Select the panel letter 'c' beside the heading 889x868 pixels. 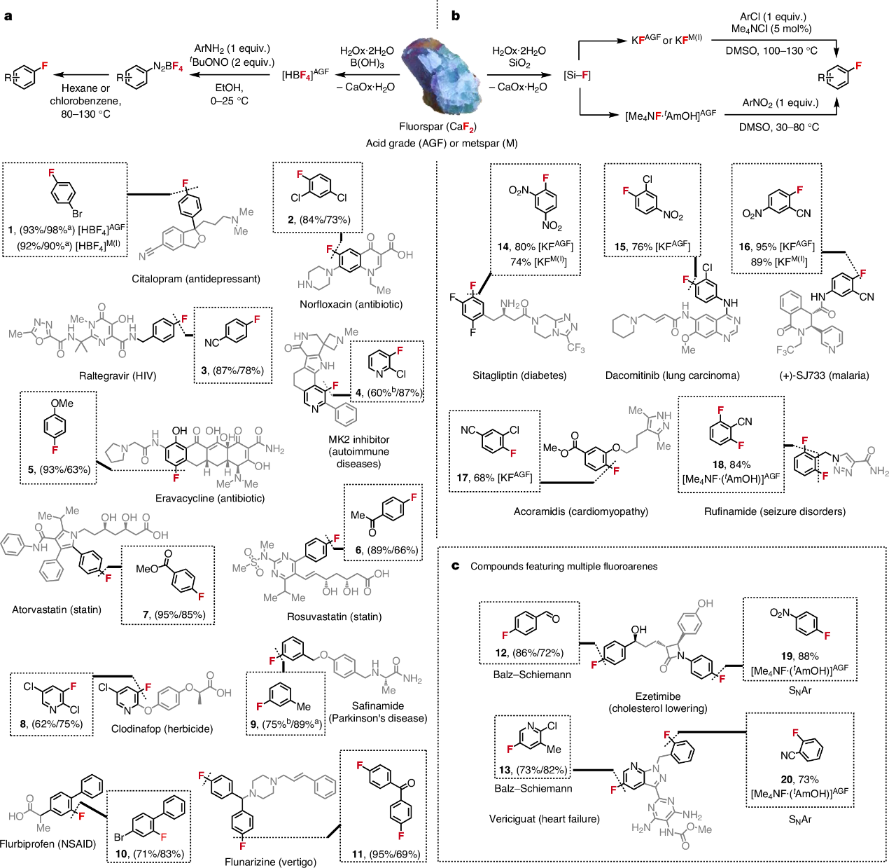click(x=456, y=566)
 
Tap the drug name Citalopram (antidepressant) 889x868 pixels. click(x=196, y=279)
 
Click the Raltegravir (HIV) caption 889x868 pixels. click(x=118, y=376)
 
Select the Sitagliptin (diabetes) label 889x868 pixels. click(x=519, y=376)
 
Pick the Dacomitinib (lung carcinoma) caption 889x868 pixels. click(x=672, y=376)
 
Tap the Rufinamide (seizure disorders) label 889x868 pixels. click(x=774, y=511)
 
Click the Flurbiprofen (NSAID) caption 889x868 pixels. click(x=48, y=843)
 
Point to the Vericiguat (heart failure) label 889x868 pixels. click(x=545, y=819)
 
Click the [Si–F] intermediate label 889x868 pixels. click(x=577, y=75)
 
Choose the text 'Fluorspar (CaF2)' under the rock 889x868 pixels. click(x=437, y=127)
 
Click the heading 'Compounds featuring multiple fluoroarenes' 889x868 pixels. click(x=563, y=566)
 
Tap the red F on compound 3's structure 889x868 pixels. click(x=257, y=319)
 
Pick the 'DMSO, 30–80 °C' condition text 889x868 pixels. click(x=779, y=127)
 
